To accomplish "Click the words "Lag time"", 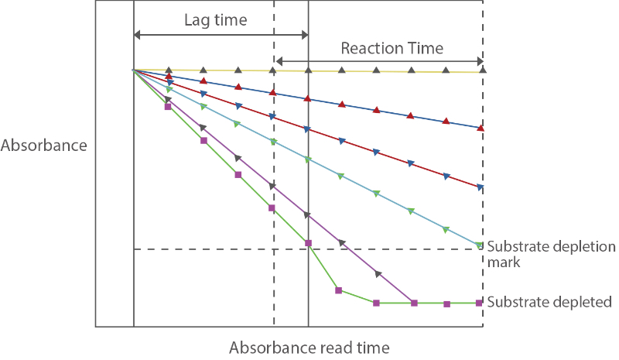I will point(215,20).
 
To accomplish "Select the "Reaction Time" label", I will point(392,48).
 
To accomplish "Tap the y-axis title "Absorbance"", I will point(44,145).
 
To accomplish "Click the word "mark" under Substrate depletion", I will point(504,262).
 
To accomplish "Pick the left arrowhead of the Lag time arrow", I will point(138,34).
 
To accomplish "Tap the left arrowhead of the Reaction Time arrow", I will point(279,61).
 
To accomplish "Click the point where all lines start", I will point(134,70).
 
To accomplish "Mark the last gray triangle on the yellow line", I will point(482,70).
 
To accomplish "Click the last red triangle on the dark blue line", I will point(481,128).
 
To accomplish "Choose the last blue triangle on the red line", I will point(481,187).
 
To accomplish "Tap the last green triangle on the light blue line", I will point(480,245).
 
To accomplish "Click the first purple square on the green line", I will point(168,107).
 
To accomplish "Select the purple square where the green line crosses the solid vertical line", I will point(309,244).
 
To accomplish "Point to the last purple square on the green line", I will point(480,303).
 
